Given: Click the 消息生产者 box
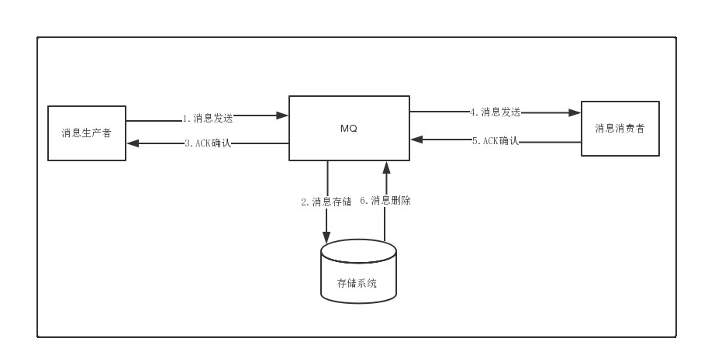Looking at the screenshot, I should click(87, 133).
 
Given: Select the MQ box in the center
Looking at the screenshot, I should click(349, 128).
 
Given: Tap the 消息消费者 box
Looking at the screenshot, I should click(620, 129).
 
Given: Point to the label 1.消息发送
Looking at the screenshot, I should click(208, 119).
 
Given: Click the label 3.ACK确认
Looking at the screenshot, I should click(208, 143).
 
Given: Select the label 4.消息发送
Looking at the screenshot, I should click(495, 112).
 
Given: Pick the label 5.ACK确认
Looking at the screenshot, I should click(495, 141).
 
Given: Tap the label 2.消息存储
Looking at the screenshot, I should click(326, 202).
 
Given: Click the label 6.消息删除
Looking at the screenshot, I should click(385, 201).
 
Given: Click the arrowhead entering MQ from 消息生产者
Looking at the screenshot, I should click(283, 115).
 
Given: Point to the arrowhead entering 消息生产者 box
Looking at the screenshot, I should click(132, 143).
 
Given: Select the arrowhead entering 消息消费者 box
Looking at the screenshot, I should click(575, 112).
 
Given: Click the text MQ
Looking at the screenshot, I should click(349, 129).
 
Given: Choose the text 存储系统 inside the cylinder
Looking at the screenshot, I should click(357, 284).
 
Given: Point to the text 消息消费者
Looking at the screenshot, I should click(620, 129).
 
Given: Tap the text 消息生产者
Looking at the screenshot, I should click(87, 133).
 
